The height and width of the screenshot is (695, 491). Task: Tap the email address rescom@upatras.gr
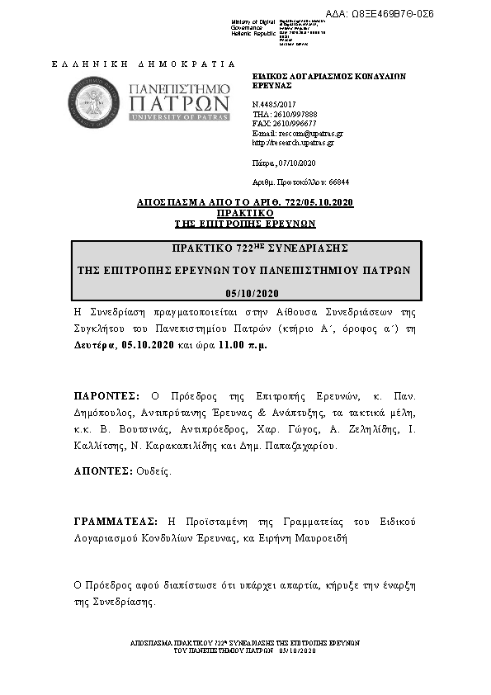pyautogui.click(x=306, y=133)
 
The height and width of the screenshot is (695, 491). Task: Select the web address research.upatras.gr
pyautogui.click(x=298, y=142)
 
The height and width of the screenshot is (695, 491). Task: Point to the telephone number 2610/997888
pyautogui.click(x=295, y=114)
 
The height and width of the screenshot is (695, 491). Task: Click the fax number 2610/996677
pyautogui.click(x=295, y=123)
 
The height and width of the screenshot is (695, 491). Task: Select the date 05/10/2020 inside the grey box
pyautogui.click(x=253, y=294)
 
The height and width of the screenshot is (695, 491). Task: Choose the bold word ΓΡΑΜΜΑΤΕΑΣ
pyautogui.click(x=116, y=522)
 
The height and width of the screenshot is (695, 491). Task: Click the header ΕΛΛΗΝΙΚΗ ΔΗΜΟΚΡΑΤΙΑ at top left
pyautogui.click(x=143, y=64)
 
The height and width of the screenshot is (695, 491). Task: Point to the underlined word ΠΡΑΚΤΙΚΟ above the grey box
pyautogui.click(x=246, y=213)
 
